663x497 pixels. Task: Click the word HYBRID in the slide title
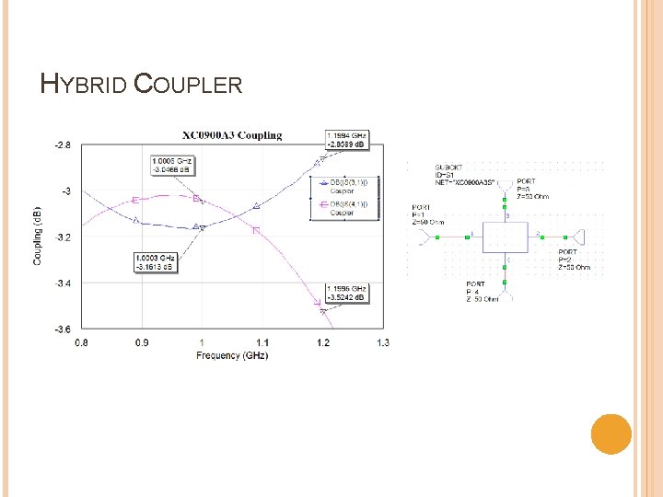pyautogui.click(x=84, y=85)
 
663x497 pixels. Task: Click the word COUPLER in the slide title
pyautogui.click(x=188, y=85)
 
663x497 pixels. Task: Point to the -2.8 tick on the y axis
pyautogui.click(x=62, y=145)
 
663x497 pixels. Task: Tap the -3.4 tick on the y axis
pyautogui.click(x=62, y=283)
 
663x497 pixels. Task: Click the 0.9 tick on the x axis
pyautogui.click(x=141, y=343)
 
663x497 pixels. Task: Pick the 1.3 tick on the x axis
pyautogui.click(x=382, y=343)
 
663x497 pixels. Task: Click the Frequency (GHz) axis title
pyautogui.click(x=230, y=355)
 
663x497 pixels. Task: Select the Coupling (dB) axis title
pyautogui.click(x=39, y=236)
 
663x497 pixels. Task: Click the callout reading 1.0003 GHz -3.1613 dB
pyautogui.click(x=155, y=262)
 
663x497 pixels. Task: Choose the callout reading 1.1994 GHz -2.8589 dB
pyautogui.click(x=346, y=139)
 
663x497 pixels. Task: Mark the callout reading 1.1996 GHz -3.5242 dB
pyautogui.click(x=346, y=293)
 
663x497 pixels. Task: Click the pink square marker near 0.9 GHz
pyautogui.click(x=136, y=200)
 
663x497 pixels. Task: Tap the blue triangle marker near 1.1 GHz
pyautogui.click(x=256, y=205)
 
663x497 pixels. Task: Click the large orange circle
pyautogui.click(x=611, y=433)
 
